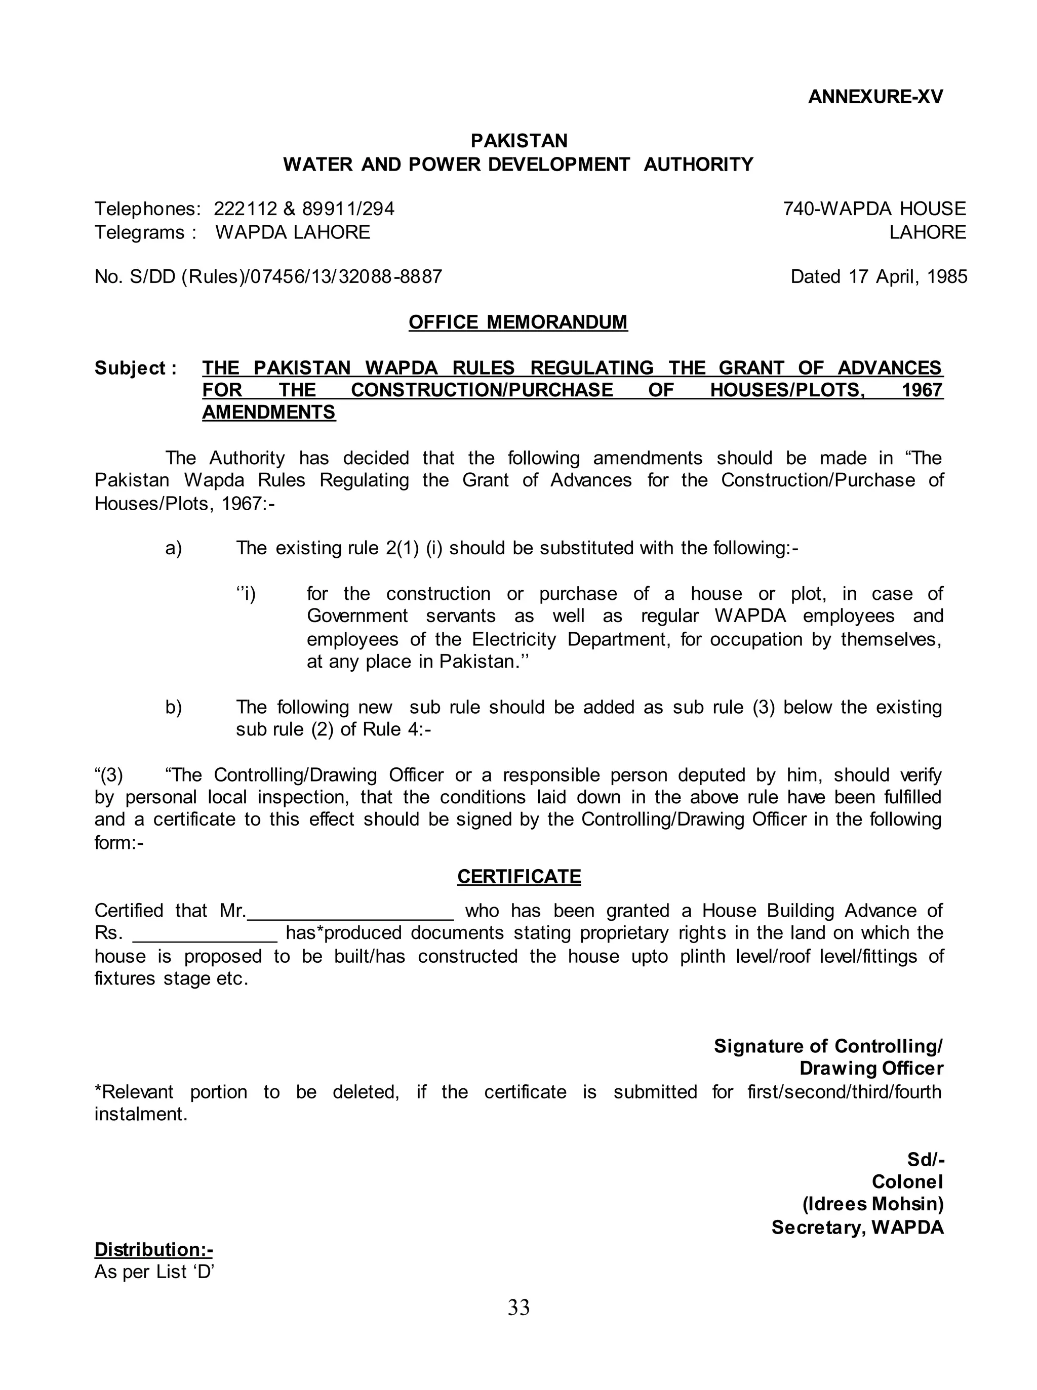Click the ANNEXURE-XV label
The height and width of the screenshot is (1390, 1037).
tap(875, 97)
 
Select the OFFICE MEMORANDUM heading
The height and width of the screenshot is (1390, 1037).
tap(518, 322)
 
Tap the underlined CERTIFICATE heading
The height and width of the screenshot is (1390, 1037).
tap(518, 876)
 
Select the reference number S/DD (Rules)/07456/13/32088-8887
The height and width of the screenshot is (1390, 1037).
tap(286, 277)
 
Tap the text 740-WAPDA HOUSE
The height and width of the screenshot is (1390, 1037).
tap(874, 209)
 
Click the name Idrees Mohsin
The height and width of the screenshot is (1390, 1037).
tap(873, 1204)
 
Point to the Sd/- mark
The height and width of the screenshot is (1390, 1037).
tap(925, 1159)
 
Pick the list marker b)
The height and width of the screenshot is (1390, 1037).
tap(173, 707)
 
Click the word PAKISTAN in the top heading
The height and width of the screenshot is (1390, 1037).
tap(518, 141)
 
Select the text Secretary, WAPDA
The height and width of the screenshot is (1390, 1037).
tap(857, 1228)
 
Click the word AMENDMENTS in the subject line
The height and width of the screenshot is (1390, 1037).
tap(269, 413)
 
